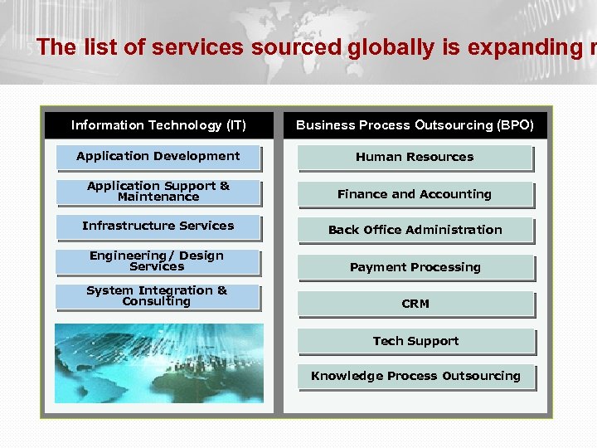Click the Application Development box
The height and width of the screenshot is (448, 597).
click(158, 157)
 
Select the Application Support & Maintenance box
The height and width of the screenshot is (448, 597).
click(158, 192)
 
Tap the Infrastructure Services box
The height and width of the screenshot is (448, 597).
click(158, 226)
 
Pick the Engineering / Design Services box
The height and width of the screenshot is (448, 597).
click(158, 261)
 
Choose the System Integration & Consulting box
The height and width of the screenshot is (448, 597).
click(158, 296)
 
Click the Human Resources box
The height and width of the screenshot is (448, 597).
click(415, 157)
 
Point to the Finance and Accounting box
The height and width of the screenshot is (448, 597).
click(415, 194)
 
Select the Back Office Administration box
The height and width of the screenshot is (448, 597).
click(415, 230)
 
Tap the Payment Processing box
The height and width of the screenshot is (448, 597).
click(415, 267)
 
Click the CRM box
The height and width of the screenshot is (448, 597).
click(415, 304)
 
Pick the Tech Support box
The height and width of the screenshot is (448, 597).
click(415, 341)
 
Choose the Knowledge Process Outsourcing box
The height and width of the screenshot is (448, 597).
click(415, 377)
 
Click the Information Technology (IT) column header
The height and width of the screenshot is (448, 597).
click(158, 125)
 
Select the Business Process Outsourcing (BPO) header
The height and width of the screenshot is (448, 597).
click(415, 125)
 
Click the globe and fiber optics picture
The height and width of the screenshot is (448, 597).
click(158, 363)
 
